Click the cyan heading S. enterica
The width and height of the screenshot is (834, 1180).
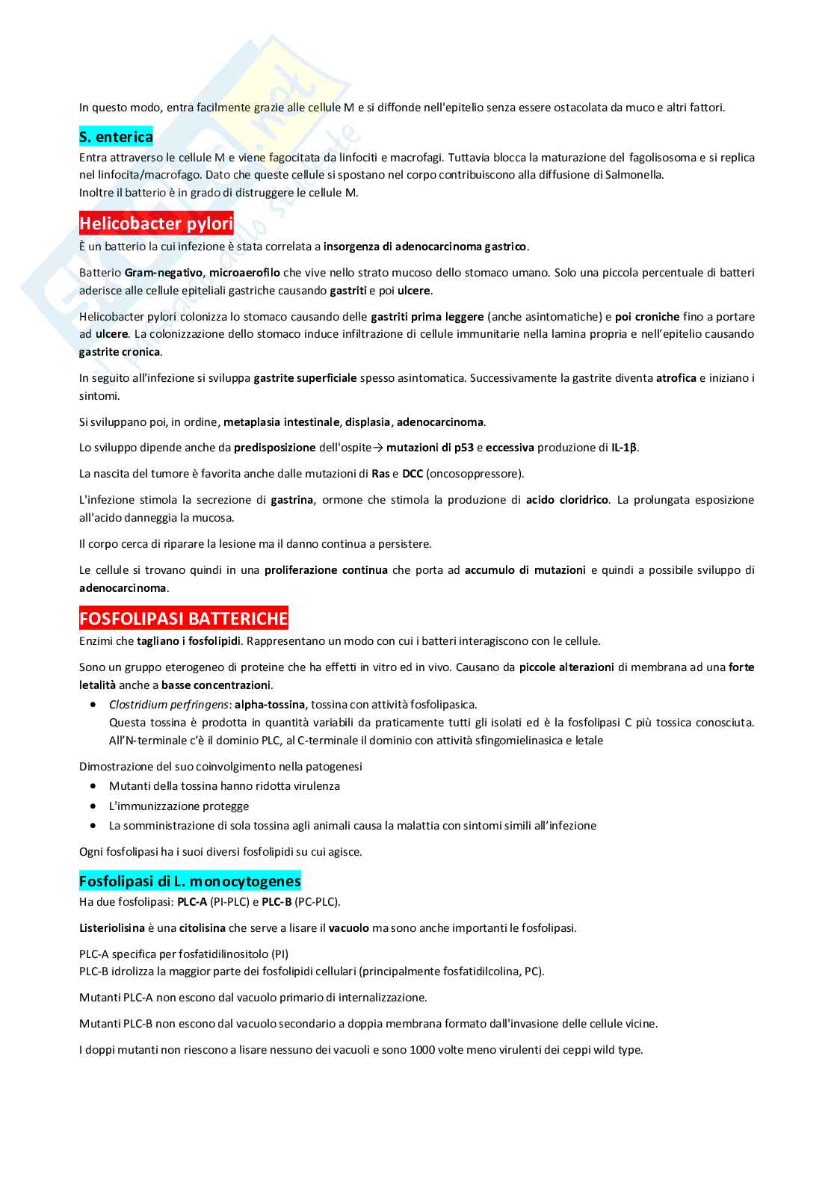click(x=116, y=137)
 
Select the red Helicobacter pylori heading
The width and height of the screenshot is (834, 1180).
click(x=156, y=223)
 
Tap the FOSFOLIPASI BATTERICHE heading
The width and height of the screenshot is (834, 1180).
click(x=183, y=619)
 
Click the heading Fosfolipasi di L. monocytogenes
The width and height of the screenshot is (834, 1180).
click(x=190, y=881)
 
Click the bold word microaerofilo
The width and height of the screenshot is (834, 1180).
click(x=238, y=273)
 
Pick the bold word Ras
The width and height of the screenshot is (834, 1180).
click(x=380, y=474)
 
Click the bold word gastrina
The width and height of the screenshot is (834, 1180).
click(x=291, y=500)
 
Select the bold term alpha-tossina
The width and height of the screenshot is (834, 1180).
click(x=270, y=704)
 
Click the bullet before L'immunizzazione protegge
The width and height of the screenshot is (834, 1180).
click(x=93, y=806)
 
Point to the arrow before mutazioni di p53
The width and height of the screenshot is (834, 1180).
click(x=377, y=448)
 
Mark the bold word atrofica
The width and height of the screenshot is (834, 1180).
click(x=676, y=378)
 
